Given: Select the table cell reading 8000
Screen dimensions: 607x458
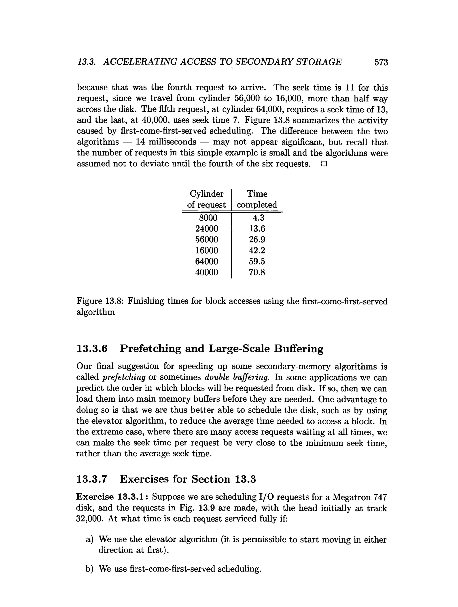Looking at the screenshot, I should pyautogui.click(x=208, y=218).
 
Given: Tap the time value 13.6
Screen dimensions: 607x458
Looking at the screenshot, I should pyautogui.click(x=257, y=229).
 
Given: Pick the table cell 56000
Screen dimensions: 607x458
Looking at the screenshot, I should pyautogui.click(x=206, y=239).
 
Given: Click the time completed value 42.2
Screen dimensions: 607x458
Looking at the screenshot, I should pyautogui.click(x=257, y=250).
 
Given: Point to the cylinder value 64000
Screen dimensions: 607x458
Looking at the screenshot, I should pyautogui.click(x=206, y=261).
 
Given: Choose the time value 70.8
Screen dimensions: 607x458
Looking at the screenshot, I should pyautogui.click(x=257, y=272).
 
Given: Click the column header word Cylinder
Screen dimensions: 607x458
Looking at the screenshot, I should pyautogui.click(x=206, y=194).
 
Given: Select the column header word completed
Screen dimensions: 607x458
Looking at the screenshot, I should pyautogui.click(x=257, y=205).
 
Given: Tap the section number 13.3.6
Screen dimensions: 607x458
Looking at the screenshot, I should pyautogui.click(x=92, y=349).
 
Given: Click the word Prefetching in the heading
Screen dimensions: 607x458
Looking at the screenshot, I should pyautogui.click(x=150, y=349).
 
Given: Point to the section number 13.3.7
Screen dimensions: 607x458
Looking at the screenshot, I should pyautogui.click(x=92, y=479).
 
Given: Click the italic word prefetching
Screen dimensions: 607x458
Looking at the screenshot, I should pyautogui.click(x=124, y=378).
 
